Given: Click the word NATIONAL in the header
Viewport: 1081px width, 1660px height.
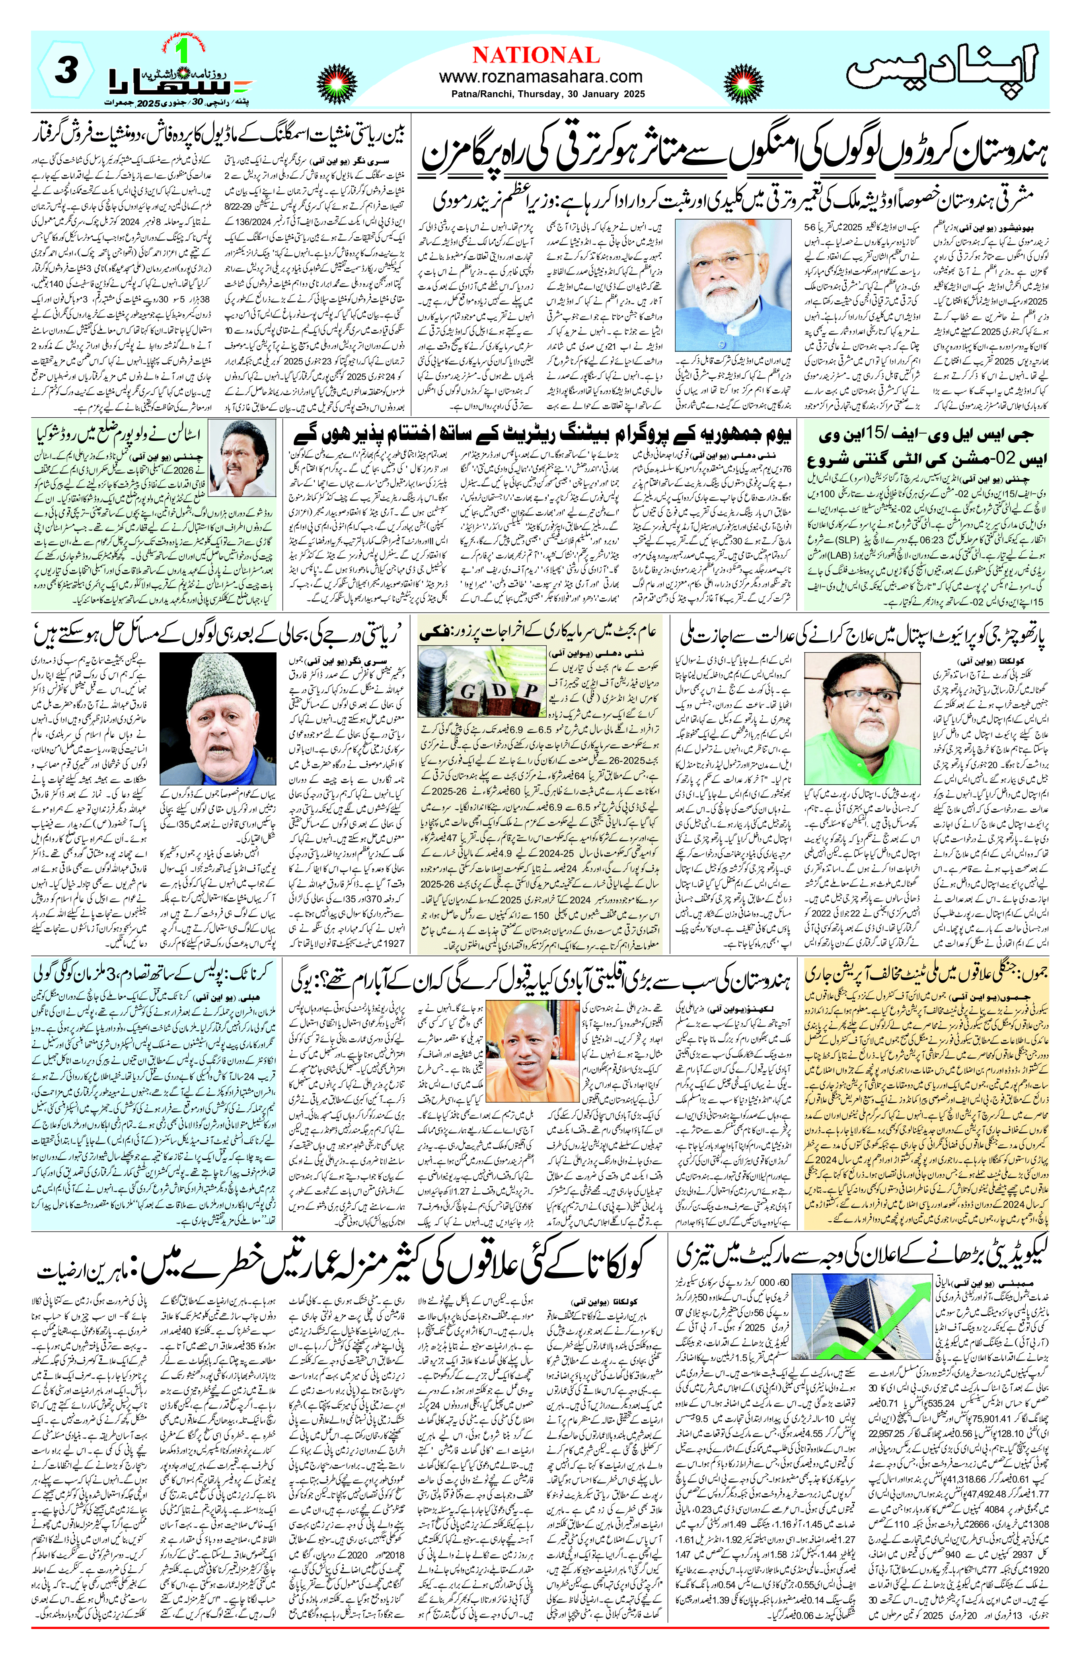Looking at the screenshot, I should coord(536,55).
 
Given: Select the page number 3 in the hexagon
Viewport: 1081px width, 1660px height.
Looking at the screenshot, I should coord(64,72).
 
